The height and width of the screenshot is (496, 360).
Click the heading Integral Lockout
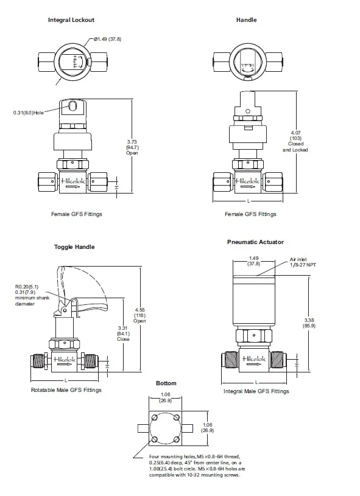[x=71, y=20]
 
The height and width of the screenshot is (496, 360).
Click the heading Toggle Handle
[x=74, y=247]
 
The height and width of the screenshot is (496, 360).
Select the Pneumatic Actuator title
[x=255, y=242]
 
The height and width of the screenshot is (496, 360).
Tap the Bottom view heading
[x=166, y=383]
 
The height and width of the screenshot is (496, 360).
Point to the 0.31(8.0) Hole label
[x=29, y=113]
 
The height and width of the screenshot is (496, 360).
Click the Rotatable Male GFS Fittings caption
[x=66, y=389]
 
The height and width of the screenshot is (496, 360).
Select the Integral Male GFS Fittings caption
[x=256, y=391]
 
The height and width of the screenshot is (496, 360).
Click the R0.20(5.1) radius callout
[x=27, y=287]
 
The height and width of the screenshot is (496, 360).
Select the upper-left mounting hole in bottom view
[x=155, y=419]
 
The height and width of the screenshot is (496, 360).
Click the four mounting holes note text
[x=195, y=465]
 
